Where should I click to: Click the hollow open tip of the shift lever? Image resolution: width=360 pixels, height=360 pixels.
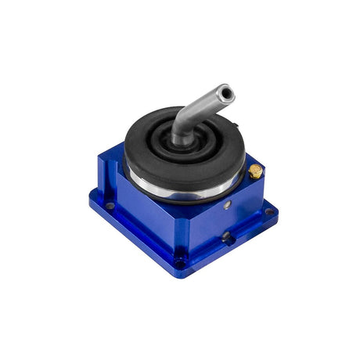point(226,94)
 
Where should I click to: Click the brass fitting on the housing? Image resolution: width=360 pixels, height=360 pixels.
point(256,171)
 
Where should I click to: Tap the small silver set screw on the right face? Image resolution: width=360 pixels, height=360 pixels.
point(227,205)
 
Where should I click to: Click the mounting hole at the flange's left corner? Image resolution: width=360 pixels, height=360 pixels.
point(110,205)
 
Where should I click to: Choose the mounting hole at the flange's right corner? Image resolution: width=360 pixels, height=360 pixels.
point(268,211)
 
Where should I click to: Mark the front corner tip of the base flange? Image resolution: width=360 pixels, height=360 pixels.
point(181,274)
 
